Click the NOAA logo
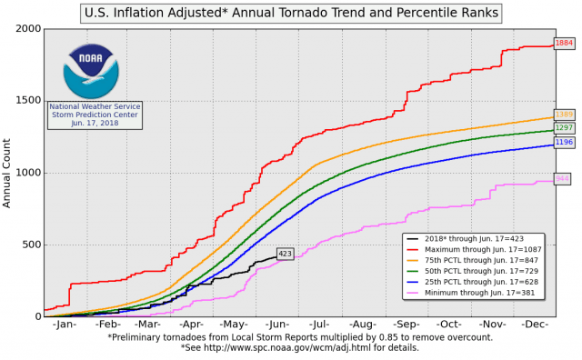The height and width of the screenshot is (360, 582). coord(90,70)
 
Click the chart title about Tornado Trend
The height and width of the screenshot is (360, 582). coord(291,13)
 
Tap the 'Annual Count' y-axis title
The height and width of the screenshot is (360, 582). coord(8,172)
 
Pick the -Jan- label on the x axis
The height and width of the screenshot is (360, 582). coord(65,324)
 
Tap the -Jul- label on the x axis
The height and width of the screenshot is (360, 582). coord(318,324)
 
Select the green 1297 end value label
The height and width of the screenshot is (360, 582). coord(564,128)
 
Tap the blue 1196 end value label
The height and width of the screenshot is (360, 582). coord(564,143)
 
